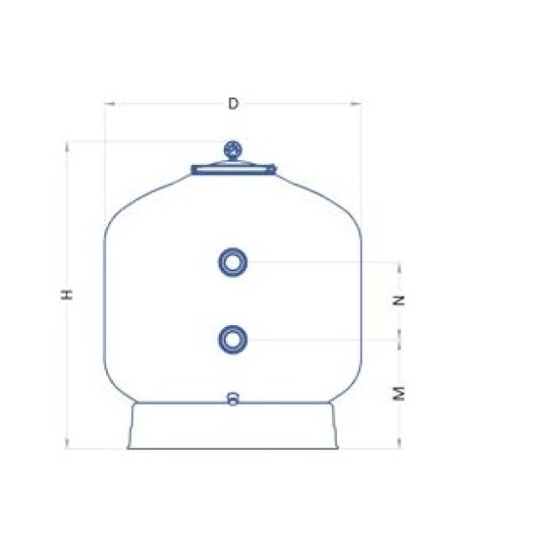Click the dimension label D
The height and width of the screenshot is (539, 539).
233,104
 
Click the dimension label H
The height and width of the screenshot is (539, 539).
67,294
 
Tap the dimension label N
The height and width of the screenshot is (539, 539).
399,300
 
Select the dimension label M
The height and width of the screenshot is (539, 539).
399,394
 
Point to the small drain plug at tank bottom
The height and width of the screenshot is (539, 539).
233,399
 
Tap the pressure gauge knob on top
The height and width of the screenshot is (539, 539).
233,151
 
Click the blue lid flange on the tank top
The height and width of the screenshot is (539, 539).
234,169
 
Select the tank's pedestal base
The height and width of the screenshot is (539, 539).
233,426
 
